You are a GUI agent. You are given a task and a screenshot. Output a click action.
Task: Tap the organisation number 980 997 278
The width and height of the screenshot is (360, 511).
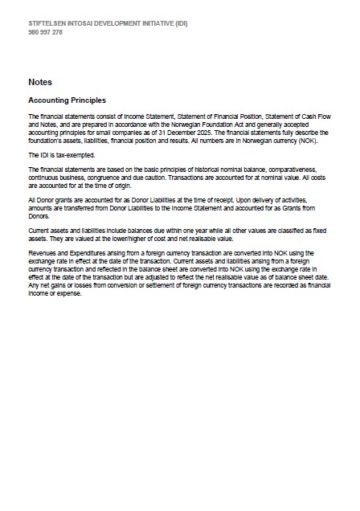(46, 32)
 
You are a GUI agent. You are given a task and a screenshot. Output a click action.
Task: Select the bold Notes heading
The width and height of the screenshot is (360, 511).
(40, 82)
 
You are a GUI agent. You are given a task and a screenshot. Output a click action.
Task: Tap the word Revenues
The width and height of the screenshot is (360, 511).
(43, 251)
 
